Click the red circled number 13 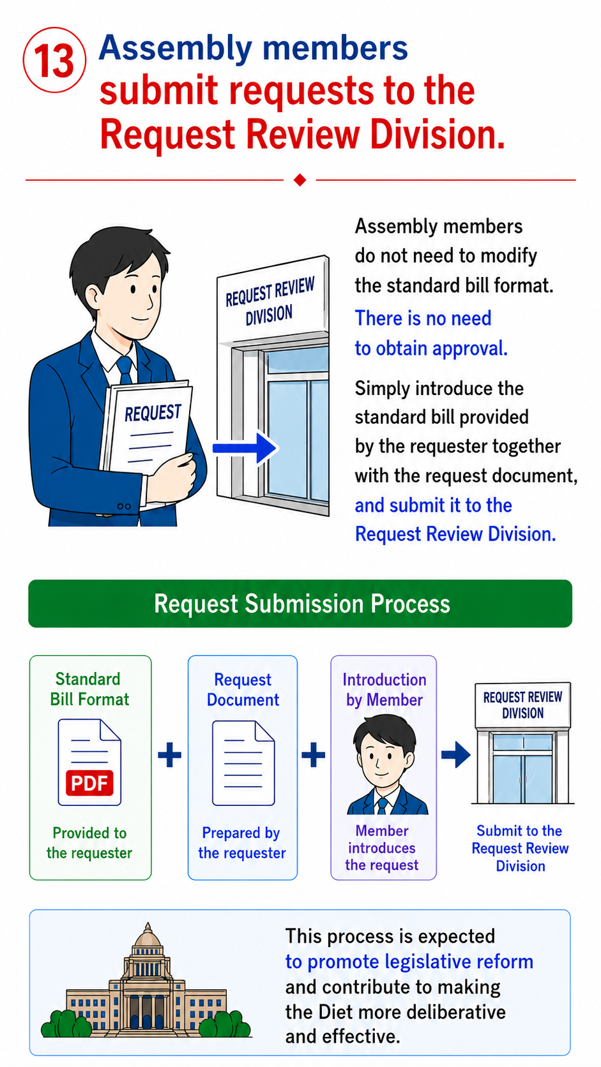click(54, 60)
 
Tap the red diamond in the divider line click(300, 180)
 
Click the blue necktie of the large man click(125, 369)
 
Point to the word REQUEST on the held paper click(153, 412)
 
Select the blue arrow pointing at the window click(245, 448)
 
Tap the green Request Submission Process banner click(300, 604)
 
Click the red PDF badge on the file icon click(89, 782)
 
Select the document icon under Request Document click(243, 763)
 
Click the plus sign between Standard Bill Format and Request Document click(170, 754)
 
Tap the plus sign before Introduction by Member click(314, 754)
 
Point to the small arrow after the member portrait click(455, 754)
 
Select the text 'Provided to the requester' click(89, 842)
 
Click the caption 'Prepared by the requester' click(242, 842)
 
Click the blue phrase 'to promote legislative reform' click(409, 962)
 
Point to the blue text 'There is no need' click(423, 318)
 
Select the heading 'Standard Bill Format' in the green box click(89, 689)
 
